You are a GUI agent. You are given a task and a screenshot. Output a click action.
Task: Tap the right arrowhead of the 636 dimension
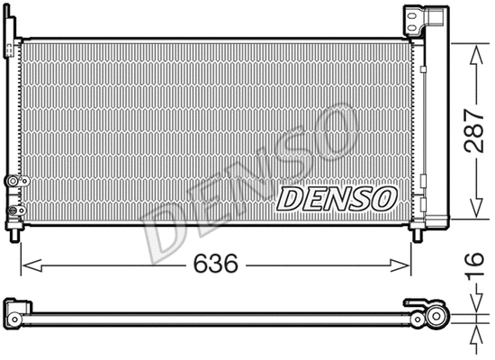pyautogui.click(x=408, y=265)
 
